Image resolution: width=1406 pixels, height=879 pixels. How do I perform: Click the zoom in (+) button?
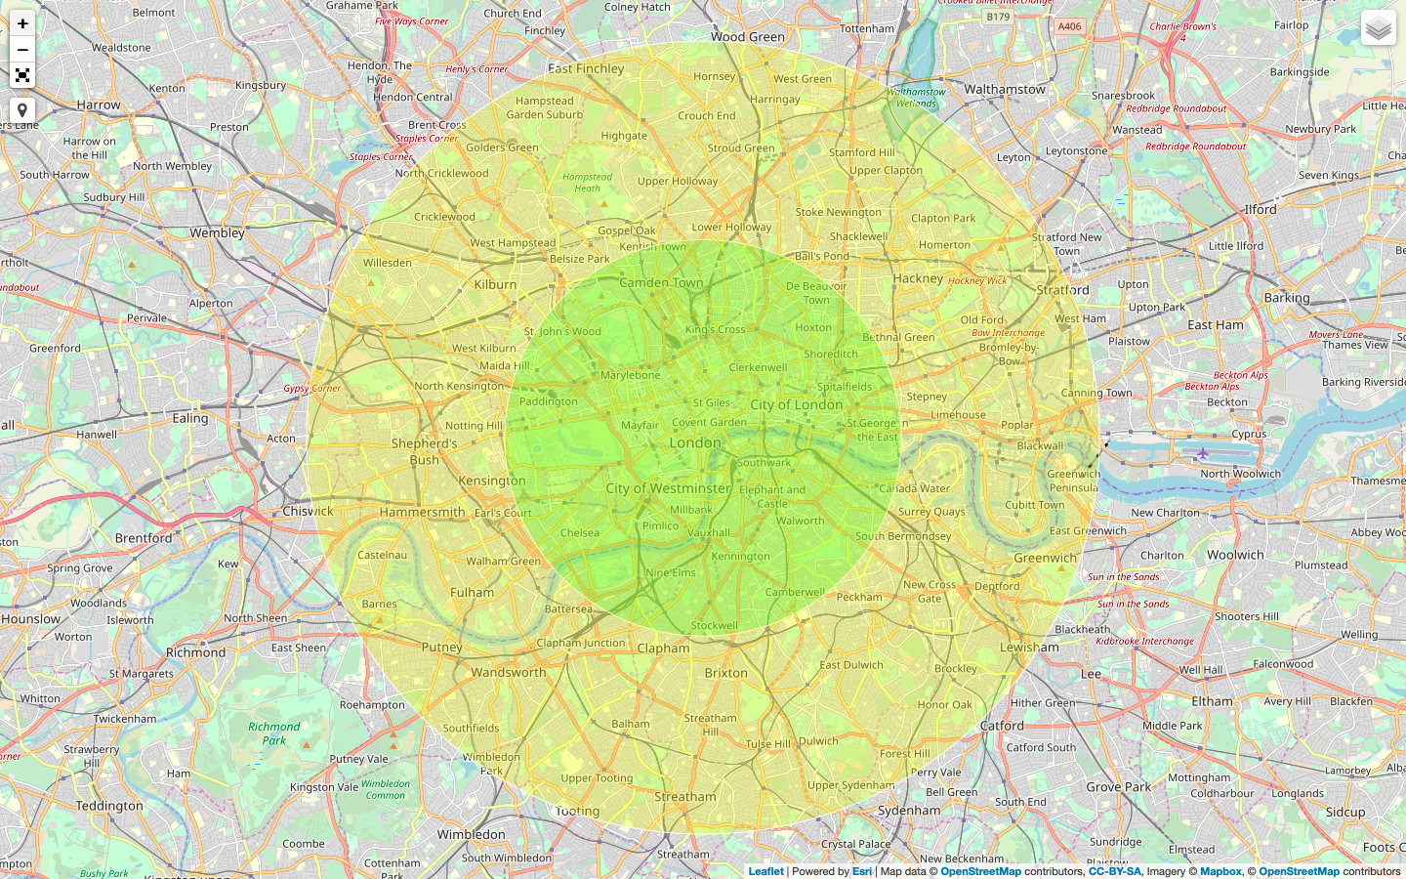[22, 23]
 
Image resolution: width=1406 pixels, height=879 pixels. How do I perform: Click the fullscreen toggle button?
[22, 75]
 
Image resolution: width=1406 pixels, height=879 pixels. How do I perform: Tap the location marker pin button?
[22, 110]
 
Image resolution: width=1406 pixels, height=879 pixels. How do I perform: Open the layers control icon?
[1378, 28]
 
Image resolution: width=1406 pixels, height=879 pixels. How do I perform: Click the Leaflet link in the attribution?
[765, 871]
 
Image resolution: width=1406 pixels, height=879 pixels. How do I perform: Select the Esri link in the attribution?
[862, 871]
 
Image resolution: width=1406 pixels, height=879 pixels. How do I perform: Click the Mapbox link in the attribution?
[1220, 871]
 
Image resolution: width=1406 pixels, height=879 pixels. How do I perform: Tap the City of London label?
[796, 404]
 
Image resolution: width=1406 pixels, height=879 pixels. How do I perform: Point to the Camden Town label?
[661, 283]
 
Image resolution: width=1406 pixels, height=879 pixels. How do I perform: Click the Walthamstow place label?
[1005, 89]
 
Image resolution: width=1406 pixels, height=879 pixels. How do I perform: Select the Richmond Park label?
[274, 733]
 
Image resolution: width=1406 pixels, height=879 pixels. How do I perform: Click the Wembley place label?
[218, 233]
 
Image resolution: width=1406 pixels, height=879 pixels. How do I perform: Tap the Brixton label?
[725, 673]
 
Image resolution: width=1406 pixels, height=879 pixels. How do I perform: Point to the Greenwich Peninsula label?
[1073, 481]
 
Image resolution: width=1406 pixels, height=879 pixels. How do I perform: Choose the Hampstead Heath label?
[587, 183]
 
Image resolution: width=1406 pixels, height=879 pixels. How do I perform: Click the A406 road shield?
[1069, 26]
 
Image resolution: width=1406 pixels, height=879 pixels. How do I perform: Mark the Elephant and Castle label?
[772, 497]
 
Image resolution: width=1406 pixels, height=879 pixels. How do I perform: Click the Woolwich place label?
[1235, 555]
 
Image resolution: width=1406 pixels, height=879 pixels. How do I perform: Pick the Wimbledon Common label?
[386, 789]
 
